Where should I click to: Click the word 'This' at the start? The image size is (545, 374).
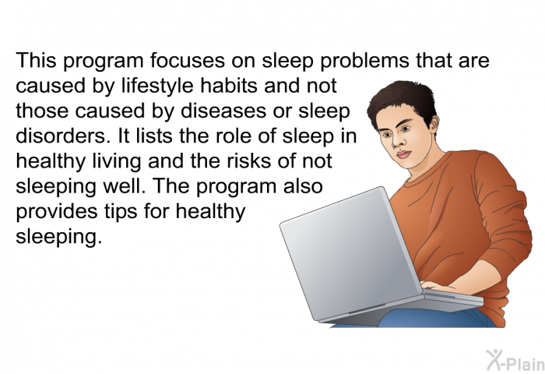36,60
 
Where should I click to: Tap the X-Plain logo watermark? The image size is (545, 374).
515,360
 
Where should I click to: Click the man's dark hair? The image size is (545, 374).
403,98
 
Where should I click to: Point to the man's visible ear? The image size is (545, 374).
434,125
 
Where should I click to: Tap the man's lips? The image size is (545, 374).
404,154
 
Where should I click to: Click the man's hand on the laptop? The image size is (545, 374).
438,286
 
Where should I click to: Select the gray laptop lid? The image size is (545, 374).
351,252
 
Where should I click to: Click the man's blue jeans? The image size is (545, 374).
434,319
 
